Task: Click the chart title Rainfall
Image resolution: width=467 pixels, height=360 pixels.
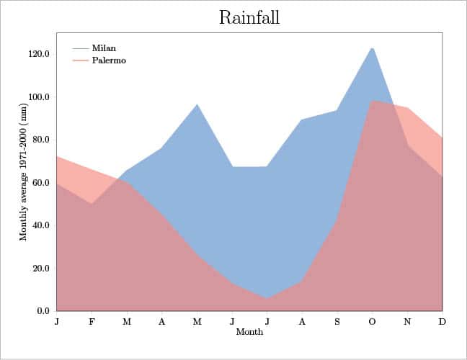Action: click(x=249, y=17)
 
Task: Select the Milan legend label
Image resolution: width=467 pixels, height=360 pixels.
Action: click(x=104, y=48)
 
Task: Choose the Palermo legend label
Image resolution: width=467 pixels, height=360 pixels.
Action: click(x=109, y=60)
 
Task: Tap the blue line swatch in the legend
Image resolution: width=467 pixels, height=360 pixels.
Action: click(x=80, y=48)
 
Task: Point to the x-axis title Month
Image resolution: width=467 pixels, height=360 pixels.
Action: click(x=249, y=333)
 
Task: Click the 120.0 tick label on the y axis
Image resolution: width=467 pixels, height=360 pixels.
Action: click(x=38, y=54)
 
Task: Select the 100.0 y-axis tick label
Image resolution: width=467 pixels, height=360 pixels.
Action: click(x=38, y=97)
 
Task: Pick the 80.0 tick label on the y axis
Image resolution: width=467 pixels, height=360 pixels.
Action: click(x=40, y=140)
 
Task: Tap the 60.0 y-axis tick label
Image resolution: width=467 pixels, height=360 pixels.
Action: click(x=40, y=183)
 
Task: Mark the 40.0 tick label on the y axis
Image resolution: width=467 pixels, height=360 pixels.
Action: click(x=40, y=225)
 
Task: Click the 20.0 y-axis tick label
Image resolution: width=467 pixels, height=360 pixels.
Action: click(x=40, y=269)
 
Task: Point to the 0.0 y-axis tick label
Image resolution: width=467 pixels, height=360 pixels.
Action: click(x=43, y=311)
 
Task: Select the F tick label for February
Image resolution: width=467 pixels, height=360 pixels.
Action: click(x=92, y=322)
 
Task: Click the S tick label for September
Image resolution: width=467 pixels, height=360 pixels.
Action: click(x=337, y=322)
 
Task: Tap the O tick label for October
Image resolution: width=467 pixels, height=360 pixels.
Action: click(x=372, y=322)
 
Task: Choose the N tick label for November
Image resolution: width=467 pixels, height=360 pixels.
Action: click(x=407, y=322)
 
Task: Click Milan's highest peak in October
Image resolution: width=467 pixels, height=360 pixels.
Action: click(x=372, y=48)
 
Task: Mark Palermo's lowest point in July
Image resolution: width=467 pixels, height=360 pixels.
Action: click(x=267, y=298)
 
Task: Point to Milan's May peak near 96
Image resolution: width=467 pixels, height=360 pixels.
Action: click(x=197, y=104)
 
